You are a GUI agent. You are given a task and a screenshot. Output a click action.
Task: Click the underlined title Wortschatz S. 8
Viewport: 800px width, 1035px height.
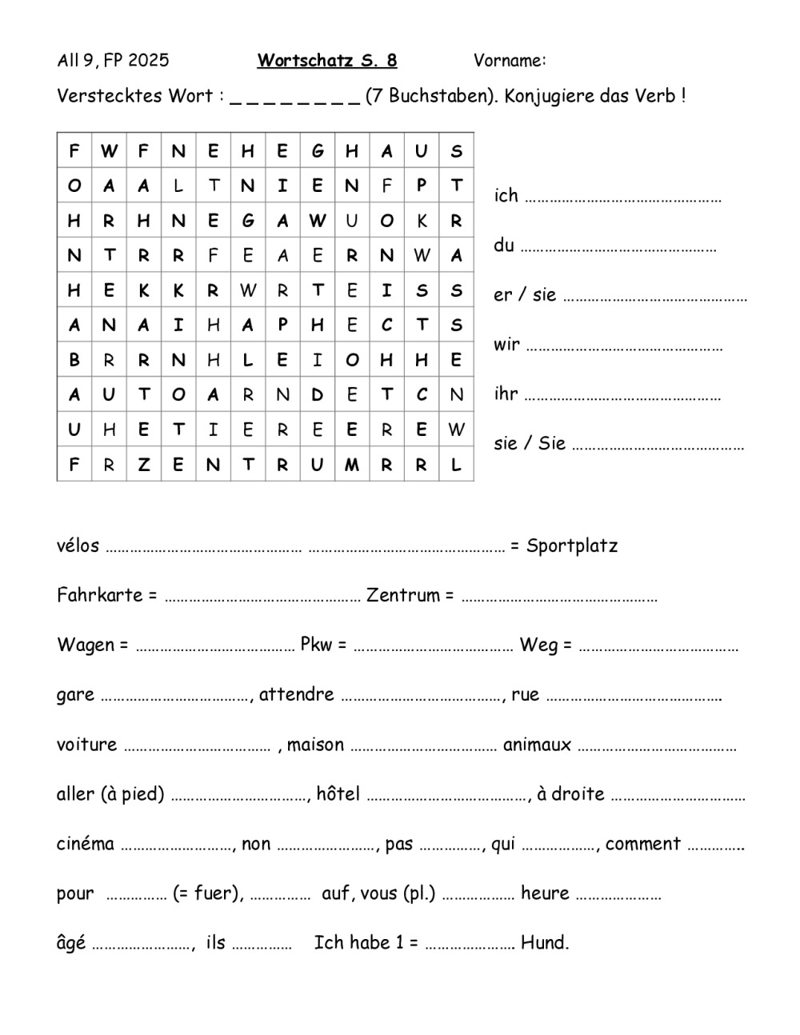point(326,61)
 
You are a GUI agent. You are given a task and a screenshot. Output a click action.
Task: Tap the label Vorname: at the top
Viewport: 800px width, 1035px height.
point(510,61)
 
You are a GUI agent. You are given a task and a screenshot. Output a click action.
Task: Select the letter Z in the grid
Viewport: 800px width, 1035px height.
point(143,465)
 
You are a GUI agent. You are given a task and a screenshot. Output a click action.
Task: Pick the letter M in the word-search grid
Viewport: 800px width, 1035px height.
point(352,465)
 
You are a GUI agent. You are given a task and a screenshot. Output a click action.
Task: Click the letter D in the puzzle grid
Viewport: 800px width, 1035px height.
point(318,394)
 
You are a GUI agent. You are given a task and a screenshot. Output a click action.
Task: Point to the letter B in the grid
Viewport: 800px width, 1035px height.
point(74,360)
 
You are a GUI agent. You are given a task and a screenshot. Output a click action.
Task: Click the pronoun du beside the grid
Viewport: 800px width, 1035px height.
point(504,246)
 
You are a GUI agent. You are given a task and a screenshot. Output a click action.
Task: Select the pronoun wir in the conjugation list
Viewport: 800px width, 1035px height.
point(506,345)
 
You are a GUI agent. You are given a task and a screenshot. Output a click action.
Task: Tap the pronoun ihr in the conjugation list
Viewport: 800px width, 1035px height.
point(506,394)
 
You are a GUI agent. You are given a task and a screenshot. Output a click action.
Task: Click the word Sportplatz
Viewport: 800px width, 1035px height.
point(572,546)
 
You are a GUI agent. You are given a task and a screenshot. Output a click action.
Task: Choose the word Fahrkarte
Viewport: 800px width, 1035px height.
point(100,596)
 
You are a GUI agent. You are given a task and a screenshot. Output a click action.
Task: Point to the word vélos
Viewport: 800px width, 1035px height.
point(78,546)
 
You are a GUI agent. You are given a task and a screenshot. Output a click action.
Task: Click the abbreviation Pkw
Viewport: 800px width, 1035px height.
point(318,645)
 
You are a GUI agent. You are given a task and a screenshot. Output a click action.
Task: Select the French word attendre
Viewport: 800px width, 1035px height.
point(296,695)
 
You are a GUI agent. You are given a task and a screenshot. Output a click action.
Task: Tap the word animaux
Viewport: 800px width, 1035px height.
point(537,745)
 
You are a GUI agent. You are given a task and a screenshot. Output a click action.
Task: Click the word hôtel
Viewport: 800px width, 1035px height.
point(338,794)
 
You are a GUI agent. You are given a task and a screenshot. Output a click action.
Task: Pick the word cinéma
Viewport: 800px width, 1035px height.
point(86,844)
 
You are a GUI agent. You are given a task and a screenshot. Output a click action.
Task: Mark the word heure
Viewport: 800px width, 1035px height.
point(545,893)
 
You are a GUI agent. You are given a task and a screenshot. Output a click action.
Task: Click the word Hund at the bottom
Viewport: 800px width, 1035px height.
point(544,943)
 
